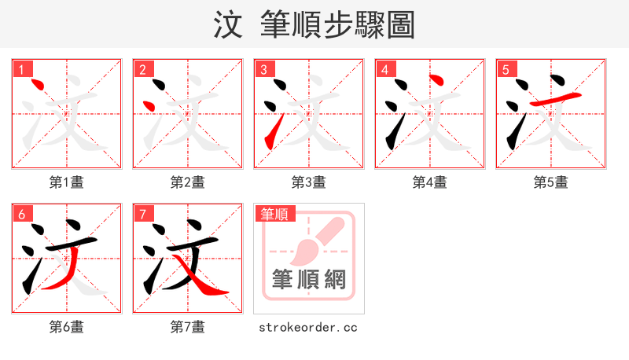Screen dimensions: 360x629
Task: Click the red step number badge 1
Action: point(21,69)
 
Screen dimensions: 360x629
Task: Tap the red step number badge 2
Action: point(142,69)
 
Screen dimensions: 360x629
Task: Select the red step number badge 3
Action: point(263,69)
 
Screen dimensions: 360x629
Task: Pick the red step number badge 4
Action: point(384,69)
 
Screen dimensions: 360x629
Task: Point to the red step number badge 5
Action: point(506,69)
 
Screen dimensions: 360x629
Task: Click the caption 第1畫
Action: point(67,182)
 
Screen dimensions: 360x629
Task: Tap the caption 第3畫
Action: point(309,182)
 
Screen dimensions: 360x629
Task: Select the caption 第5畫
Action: point(551,182)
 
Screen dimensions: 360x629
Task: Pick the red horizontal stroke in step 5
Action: point(557,97)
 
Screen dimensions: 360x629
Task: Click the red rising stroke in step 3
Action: point(273,131)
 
